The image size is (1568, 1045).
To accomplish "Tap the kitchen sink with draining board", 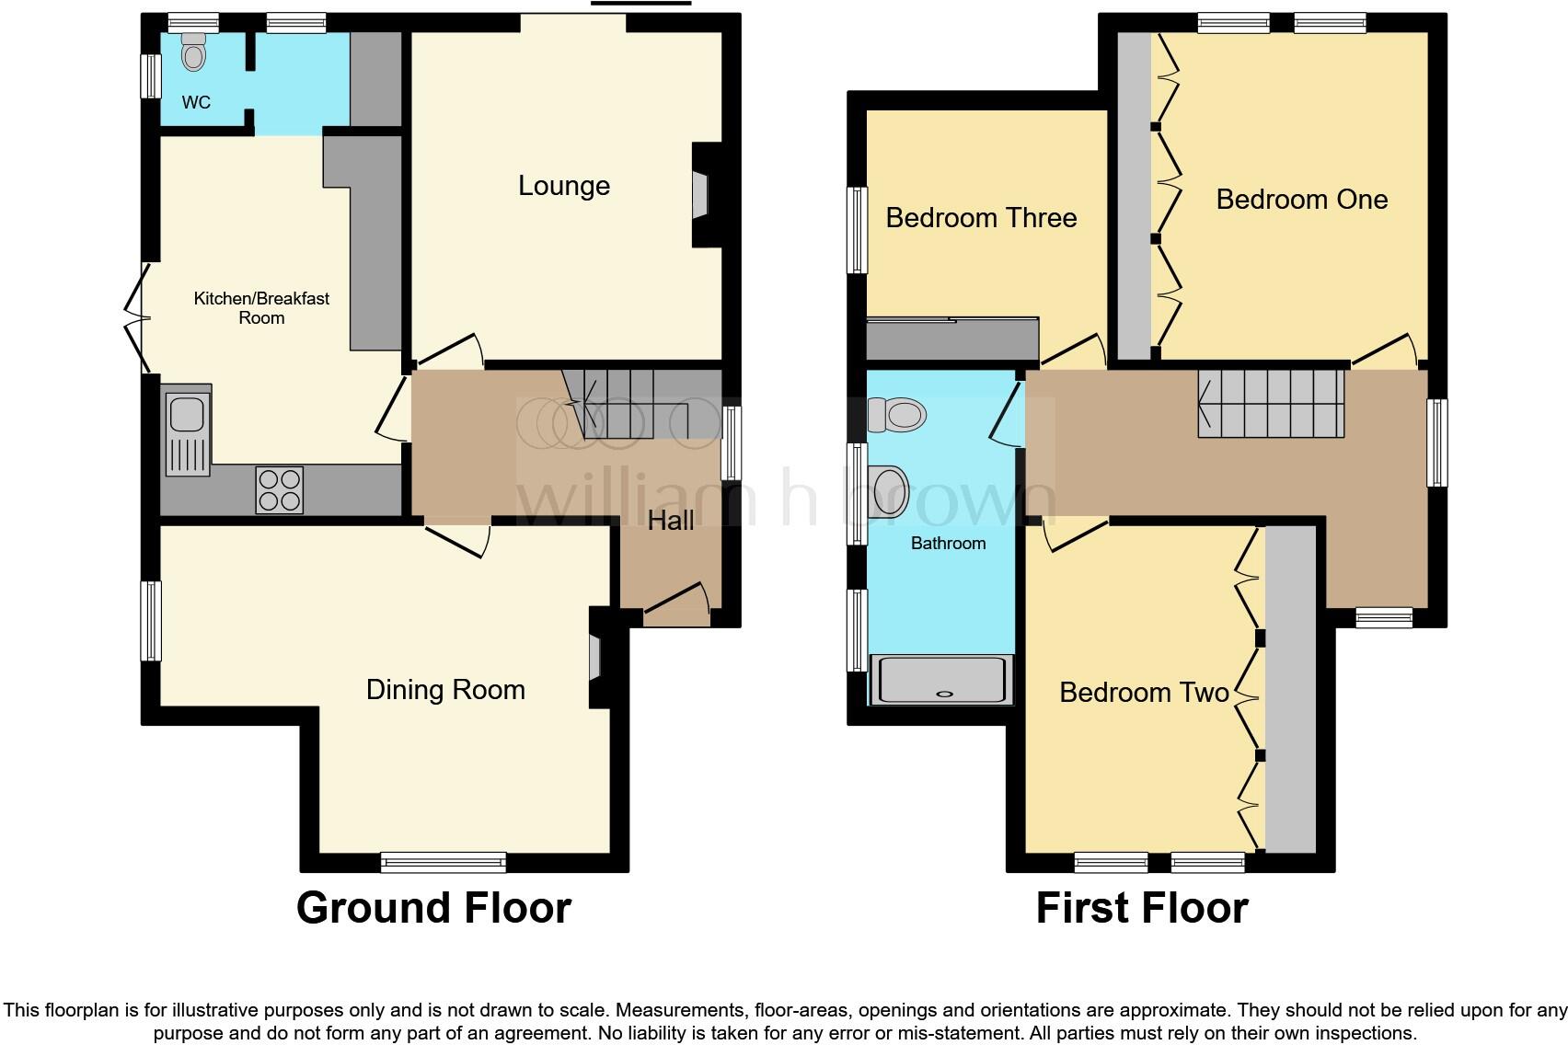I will tap(188, 431).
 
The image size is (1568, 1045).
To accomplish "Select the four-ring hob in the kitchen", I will tap(280, 489).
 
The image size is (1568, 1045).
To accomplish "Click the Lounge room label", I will tap(563, 186).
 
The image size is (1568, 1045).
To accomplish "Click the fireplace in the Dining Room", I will tap(595, 658).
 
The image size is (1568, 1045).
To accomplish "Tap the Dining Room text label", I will tap(445, 690).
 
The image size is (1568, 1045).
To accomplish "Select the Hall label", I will tap(670, 521).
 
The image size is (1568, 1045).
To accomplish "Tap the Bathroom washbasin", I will tap(889, 492).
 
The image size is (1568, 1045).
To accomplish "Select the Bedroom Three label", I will tap(981, 218).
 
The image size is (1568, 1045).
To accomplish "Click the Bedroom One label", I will tap(1301, 200).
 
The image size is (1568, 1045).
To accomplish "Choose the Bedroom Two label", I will tap(1144, 693).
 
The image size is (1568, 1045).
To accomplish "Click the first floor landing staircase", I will tap(1271, 403).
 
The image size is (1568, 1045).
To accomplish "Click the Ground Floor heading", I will tap(433, 908).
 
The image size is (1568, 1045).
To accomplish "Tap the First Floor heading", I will tap(1141, 908).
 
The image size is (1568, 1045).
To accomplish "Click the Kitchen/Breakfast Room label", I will tap(261, 308).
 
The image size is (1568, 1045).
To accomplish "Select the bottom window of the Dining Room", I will tap(444, 862).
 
